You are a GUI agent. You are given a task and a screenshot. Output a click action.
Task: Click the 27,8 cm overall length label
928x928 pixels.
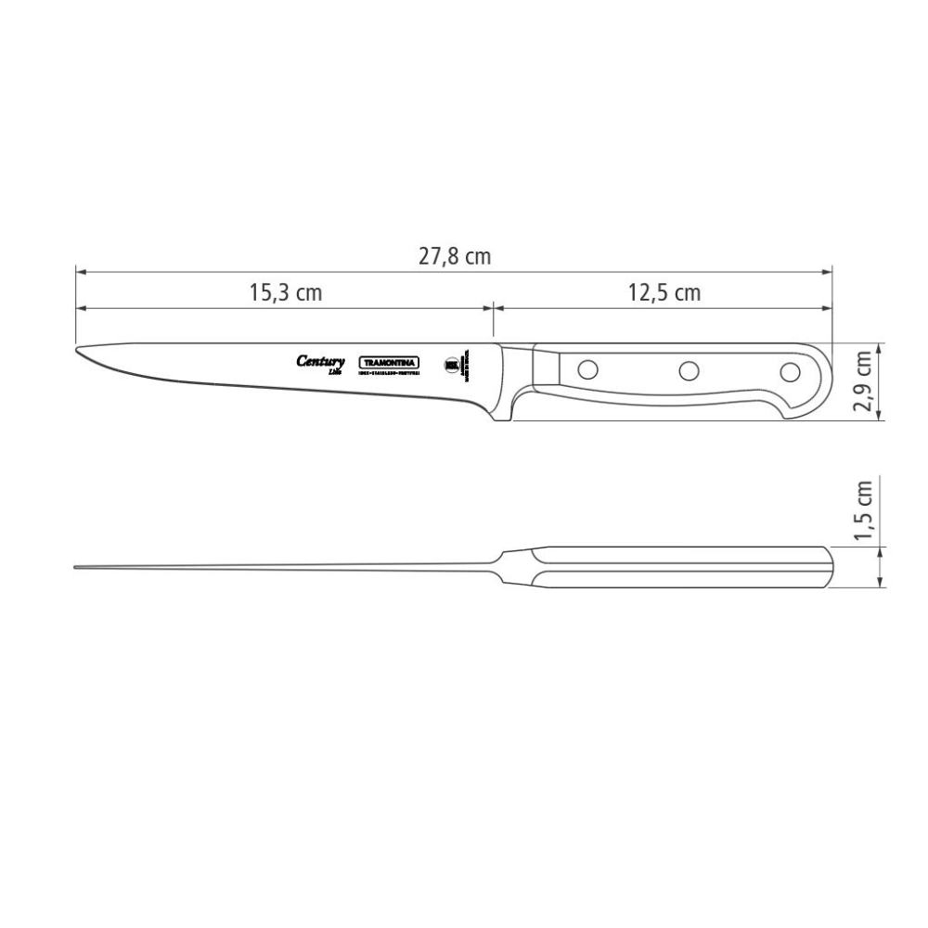tap(454, 257)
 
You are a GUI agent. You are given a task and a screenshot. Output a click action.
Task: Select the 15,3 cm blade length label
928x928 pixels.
tap(285, 292)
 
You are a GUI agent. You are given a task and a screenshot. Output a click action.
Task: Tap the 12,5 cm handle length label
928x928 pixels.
tap(664, 292)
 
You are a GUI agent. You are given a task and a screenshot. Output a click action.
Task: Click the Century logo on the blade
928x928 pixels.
tap(321, 363)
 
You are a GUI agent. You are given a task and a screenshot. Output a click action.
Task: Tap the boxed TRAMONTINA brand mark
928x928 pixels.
tap(390, 363)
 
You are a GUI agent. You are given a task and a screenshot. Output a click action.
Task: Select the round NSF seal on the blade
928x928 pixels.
tap(452, 364)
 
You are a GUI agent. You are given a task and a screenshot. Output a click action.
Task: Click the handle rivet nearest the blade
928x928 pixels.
tap(586, 368)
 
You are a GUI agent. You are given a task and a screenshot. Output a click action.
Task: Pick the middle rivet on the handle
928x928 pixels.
tap(688, 371)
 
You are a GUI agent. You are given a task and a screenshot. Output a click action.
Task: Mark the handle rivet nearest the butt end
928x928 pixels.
tap(789, 372)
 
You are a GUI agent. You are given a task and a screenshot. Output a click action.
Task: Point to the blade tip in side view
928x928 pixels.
tap(78, 353)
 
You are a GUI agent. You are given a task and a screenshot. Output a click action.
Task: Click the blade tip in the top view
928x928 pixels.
tap(77, 567)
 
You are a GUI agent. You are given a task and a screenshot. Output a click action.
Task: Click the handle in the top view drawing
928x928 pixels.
tap(687, 567)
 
